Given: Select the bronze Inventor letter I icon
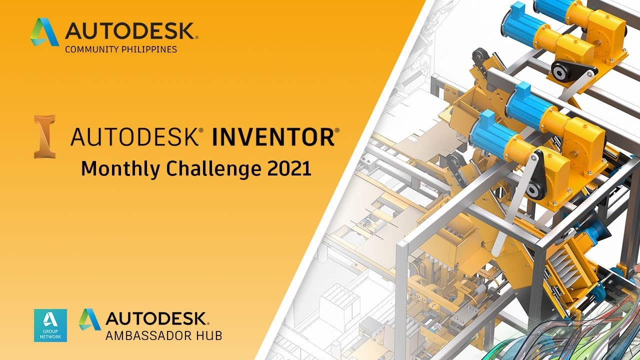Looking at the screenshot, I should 44,136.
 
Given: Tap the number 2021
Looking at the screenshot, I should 289,168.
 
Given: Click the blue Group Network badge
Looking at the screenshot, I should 50,325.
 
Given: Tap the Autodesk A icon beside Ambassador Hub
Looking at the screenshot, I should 89,319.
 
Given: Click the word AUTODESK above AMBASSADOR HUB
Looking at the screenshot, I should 156,318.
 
